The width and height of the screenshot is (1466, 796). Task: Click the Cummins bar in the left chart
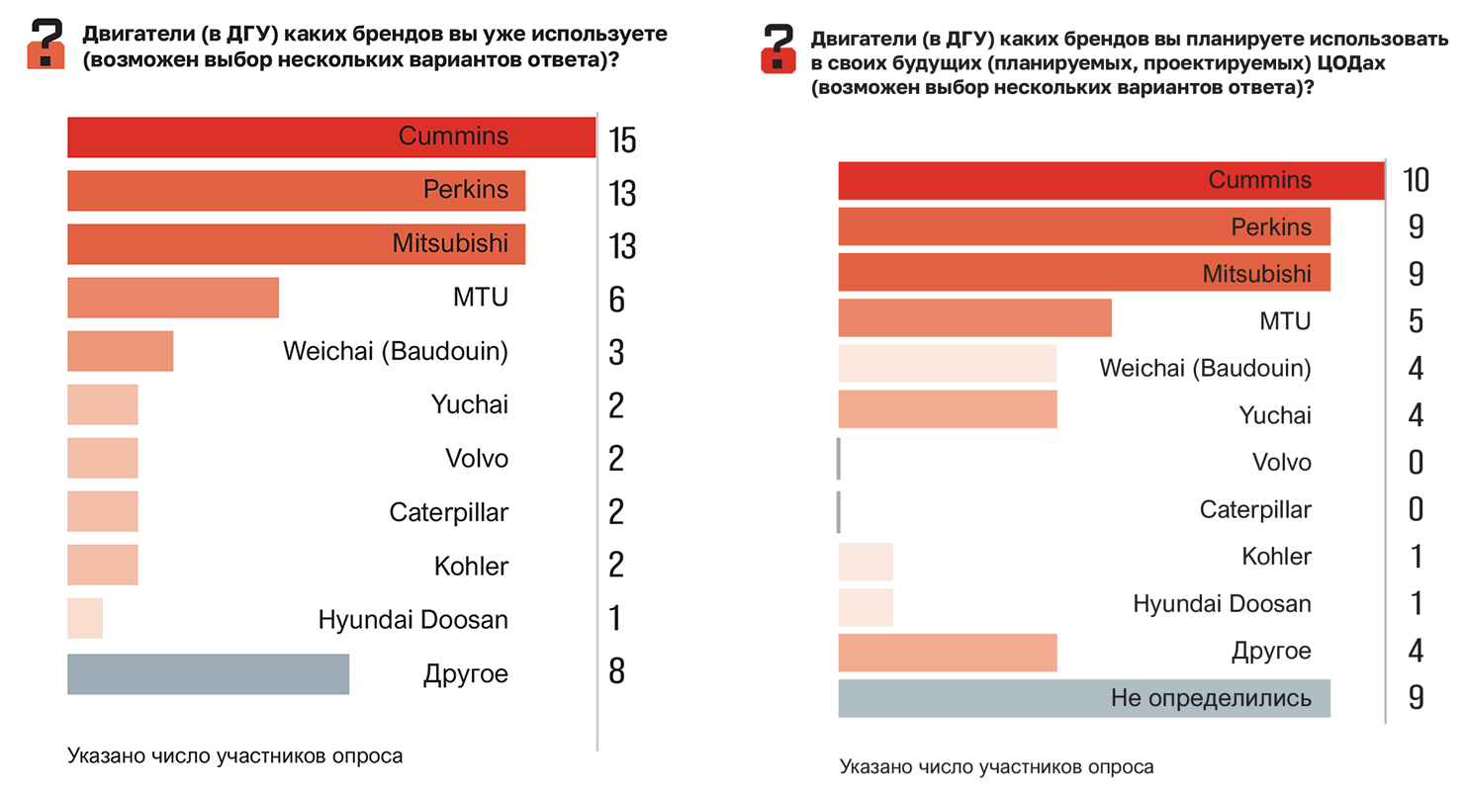click(x=331, y=136)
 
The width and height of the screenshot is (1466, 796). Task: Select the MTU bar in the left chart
click(x=173, y=298)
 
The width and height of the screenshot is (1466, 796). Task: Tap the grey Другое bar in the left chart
click(x=208, y=674)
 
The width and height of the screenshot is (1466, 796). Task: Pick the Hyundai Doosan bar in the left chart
click(x=85, y=619)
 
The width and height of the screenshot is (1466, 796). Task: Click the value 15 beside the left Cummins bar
click(x=622, y=141)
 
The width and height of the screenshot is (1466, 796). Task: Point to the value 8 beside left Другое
click(x=616, y=673)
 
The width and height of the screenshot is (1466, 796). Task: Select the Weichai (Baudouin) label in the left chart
click(x=395, y=351)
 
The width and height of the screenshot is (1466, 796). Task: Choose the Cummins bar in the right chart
click(x=1110, y=180)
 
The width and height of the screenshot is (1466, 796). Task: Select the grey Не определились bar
click(x=1083, y=698)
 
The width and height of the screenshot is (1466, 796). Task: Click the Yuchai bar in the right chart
click(x=947, y=409)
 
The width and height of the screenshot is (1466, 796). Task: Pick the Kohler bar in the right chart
click(x=866, y=562)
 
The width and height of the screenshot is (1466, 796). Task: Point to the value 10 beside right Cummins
click(x=1416, y=180)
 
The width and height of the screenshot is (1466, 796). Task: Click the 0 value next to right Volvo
click(x=1416, y=462)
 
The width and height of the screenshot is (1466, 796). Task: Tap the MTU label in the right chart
click(x=1287, y=320)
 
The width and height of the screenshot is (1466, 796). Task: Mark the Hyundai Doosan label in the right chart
click(x=1222, y=603)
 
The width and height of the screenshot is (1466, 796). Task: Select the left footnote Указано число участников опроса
click(x=235, y=756)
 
